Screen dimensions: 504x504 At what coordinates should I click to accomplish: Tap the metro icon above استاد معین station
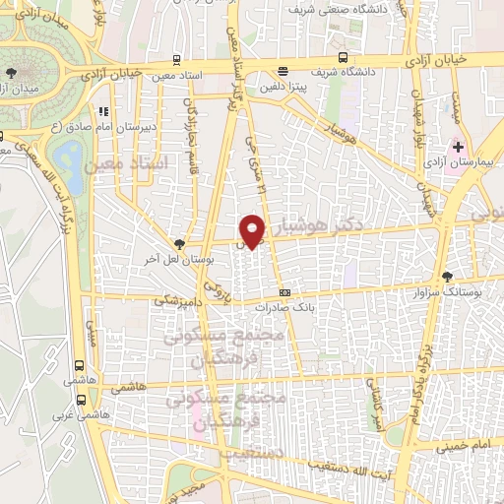[176, 59]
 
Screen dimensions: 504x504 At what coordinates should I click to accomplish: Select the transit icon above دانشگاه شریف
[343, 57]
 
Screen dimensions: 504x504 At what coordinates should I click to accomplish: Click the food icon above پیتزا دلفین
[283, 71]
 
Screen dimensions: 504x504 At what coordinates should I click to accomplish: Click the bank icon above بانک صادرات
[284, 292]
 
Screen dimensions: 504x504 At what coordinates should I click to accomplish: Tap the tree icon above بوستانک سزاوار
[448, 277]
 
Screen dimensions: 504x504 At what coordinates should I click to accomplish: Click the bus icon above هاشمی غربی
[80, 400]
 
